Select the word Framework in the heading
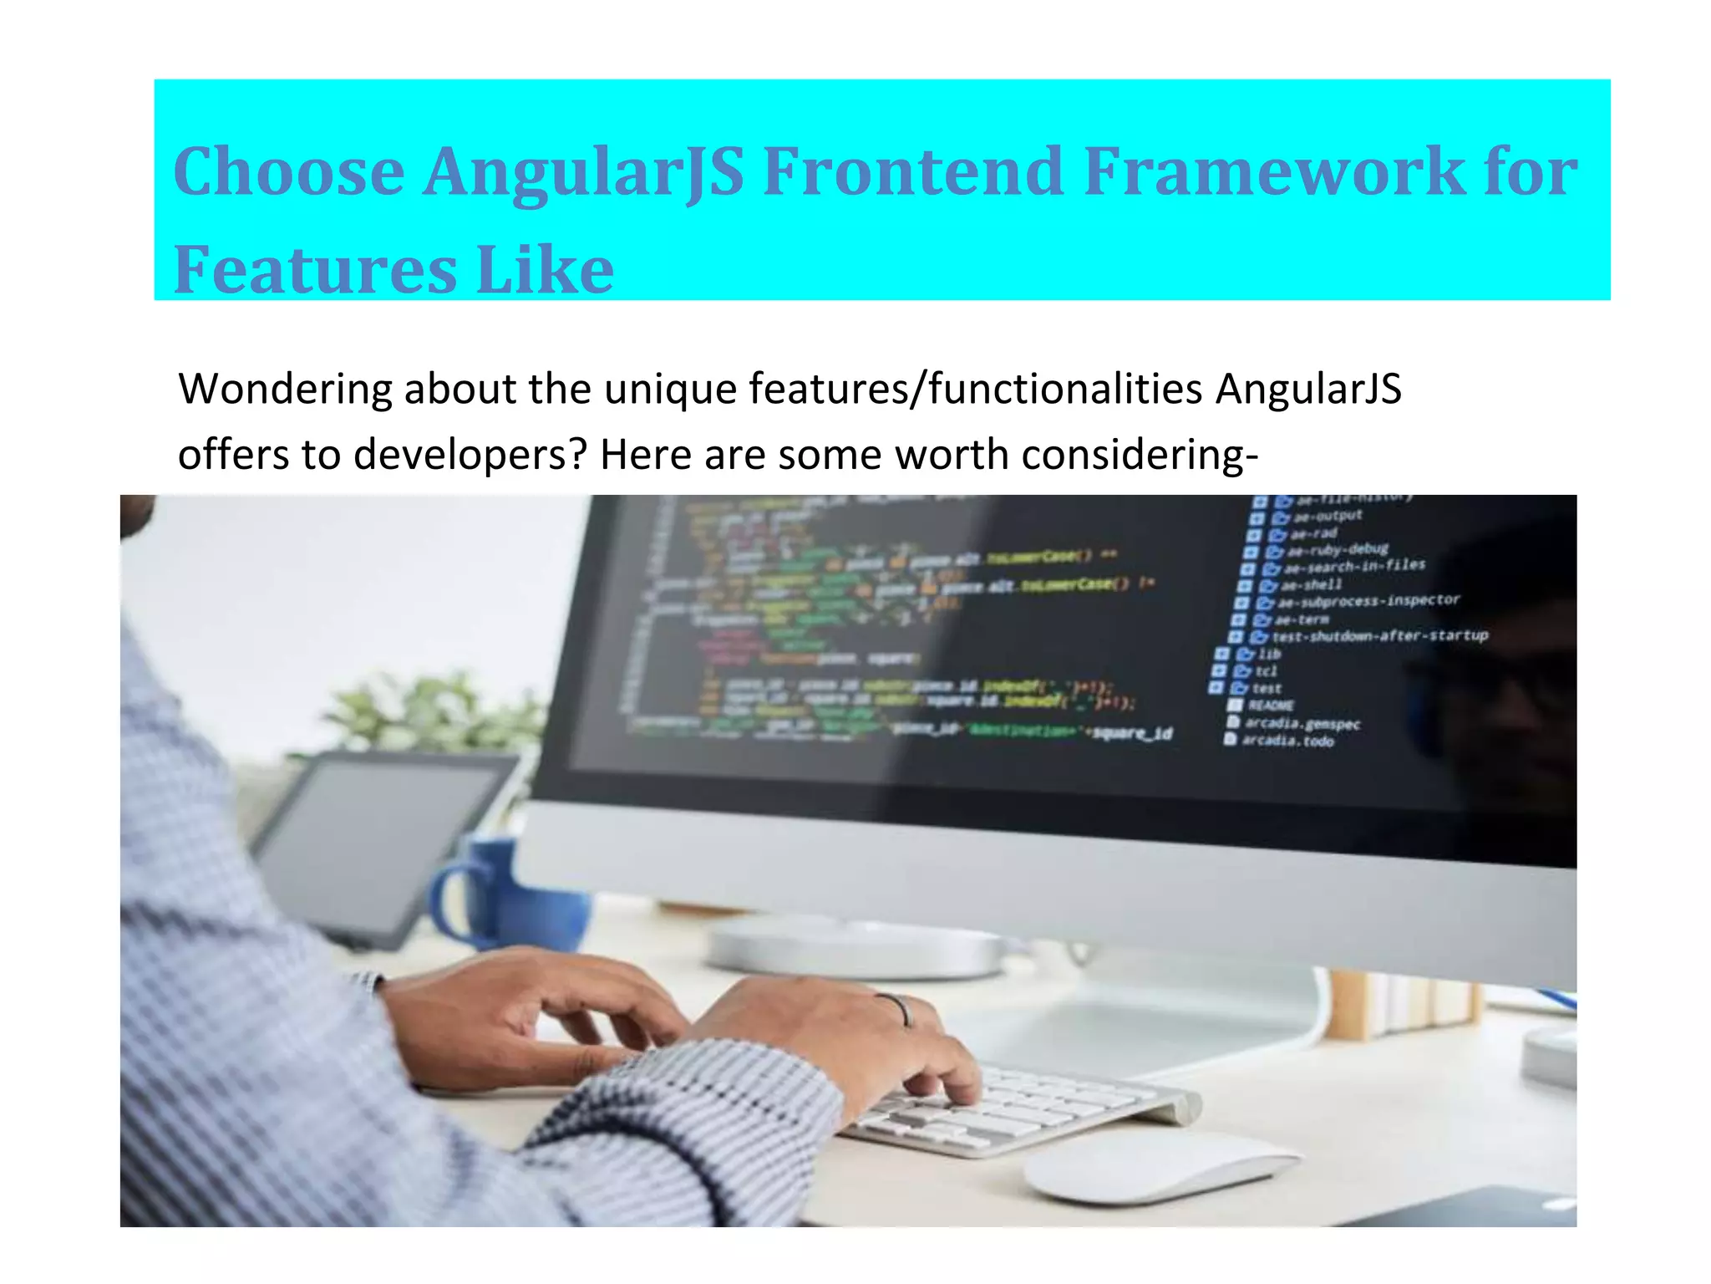1273,171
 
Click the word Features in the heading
315,269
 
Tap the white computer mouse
1157,1166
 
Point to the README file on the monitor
1270,706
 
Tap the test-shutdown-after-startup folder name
1378,636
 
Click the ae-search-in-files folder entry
1353,567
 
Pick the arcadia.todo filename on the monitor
1287,741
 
